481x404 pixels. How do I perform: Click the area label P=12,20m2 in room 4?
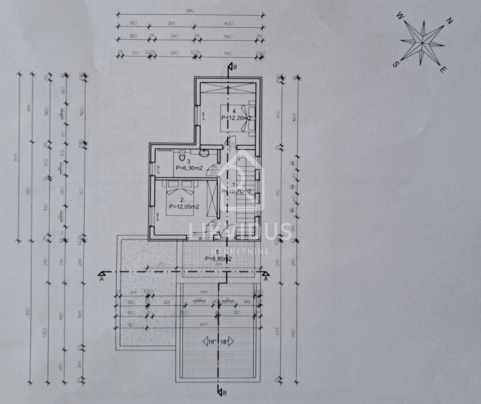click(x=236, y=118)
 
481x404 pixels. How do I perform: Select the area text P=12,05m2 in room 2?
click(x=184, y=207)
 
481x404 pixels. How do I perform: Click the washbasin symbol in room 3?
click(x=204, y=152)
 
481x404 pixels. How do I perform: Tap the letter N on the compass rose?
click(x=449, y=21)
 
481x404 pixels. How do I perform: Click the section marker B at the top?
click(x=235, y=67)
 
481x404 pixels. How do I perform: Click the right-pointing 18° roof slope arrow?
click(x=228, y=342)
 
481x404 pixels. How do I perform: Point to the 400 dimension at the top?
click(x=228, y=24)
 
